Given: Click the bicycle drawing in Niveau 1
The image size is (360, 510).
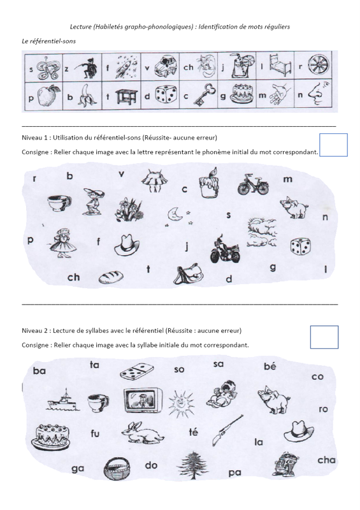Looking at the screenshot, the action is point(253,184).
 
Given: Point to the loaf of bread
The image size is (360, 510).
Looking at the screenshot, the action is point(111,277).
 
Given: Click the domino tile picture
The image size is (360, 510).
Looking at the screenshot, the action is point(137,372).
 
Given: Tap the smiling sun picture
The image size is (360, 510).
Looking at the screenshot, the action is point(181,404).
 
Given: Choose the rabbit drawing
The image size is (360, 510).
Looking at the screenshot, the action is point(143,433).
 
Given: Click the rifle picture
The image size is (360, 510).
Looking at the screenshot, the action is point(227,430).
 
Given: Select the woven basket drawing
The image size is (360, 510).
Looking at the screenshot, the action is point(117,469).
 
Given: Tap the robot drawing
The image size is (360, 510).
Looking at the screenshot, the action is point(285,464).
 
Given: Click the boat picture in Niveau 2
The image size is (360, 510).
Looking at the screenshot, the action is point(63,400).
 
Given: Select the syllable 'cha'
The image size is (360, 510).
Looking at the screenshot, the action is point(326,460).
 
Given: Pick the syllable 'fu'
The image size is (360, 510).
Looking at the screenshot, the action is point(95,433).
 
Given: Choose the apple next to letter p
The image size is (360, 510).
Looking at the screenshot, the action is point(49,96).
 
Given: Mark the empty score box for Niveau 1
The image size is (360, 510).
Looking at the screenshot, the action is point(333,145).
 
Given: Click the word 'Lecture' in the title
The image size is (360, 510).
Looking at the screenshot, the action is point(81,27).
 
